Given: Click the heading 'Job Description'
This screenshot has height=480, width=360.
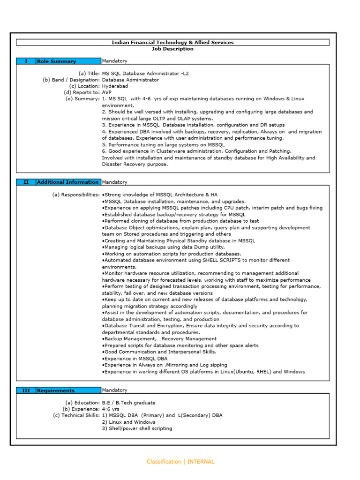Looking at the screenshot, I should [172, 49].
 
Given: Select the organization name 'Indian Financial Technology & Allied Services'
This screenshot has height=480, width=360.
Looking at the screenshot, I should [172, 42].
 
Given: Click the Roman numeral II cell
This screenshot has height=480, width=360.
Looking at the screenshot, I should [26, 182].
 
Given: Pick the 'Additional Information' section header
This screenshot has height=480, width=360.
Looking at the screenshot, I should [68, 182].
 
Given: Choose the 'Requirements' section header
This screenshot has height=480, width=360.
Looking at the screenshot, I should [56, 390].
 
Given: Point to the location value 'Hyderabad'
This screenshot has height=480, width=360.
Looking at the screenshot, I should [115, 86].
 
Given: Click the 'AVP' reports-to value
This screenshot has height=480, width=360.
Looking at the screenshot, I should [107, 93].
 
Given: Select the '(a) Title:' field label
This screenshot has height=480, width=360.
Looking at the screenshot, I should [89, 74].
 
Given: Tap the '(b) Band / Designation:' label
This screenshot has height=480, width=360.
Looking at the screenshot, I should [71, 80].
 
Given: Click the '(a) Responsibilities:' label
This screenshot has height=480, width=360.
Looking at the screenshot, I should [76, 195].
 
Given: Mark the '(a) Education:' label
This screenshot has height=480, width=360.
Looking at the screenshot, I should [82, 403].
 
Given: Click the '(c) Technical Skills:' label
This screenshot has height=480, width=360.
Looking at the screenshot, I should [76, 415].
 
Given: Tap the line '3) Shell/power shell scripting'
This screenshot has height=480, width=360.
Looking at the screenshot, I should [137, 428].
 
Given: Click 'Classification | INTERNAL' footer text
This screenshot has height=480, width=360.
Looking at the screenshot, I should [180, 462].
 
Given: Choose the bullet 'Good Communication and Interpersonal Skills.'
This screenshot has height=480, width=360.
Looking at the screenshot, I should [159, 352].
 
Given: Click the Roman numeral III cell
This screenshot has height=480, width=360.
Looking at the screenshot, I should [26, 390].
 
